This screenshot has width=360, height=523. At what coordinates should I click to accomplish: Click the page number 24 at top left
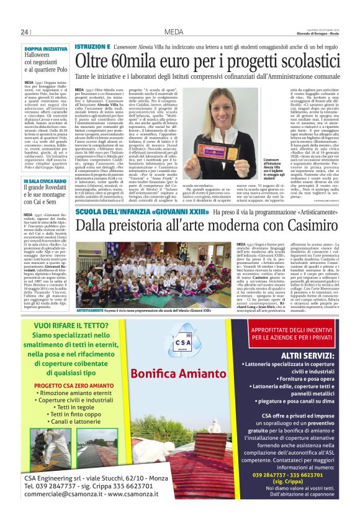pyautogui.click(x=25, y=32)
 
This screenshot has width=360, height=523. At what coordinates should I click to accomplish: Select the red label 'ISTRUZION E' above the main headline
pyautogui.click(x=92, y=47)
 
